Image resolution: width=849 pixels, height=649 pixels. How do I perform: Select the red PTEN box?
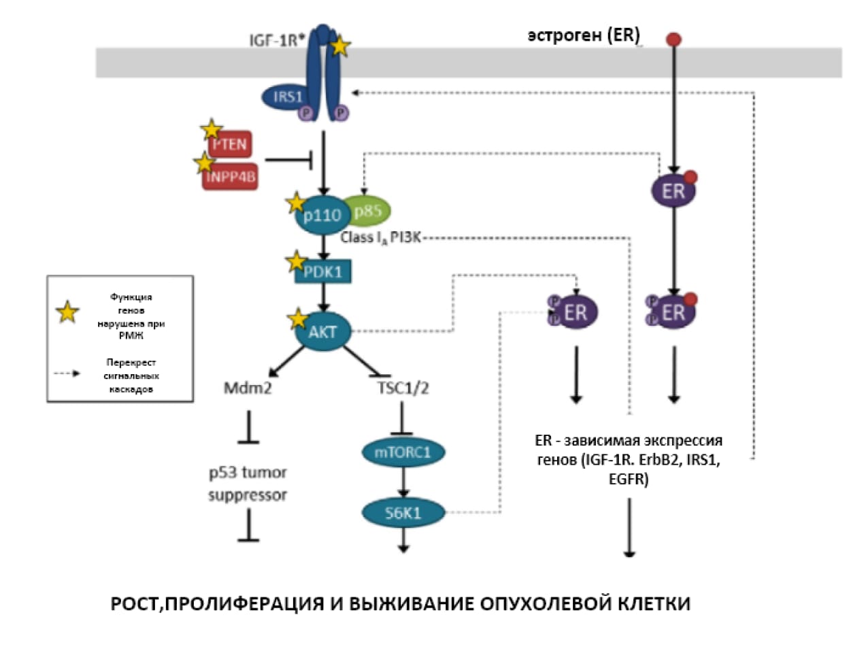[230, 144]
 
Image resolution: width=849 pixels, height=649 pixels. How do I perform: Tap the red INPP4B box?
[231, 177]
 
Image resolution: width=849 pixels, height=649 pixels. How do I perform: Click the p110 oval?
[321, 216]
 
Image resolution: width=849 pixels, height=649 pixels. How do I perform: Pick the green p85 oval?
[368, 211]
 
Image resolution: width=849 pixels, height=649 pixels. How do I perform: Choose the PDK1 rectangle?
[323, 272]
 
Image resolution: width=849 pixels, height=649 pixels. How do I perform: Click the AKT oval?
[323, 331]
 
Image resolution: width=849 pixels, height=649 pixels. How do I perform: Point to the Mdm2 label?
[248, 388]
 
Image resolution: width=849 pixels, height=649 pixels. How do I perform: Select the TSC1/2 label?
[403, 388]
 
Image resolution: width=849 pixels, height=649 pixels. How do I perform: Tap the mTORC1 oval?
[403, 452]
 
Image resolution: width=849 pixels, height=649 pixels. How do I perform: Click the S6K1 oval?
[403, 513]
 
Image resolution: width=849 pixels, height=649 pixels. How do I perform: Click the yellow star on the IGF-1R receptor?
[339, 46]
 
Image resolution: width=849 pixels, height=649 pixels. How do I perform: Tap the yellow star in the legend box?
[67, 312]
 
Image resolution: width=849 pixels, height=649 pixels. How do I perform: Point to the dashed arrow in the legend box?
[67, 373]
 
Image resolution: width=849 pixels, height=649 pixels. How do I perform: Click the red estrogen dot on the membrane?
[673, 39]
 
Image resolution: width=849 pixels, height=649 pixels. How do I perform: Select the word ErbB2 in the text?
[662, 460]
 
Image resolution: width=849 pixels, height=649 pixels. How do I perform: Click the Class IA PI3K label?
[381, 237]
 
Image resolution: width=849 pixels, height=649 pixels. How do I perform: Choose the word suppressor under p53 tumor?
[248, 495]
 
